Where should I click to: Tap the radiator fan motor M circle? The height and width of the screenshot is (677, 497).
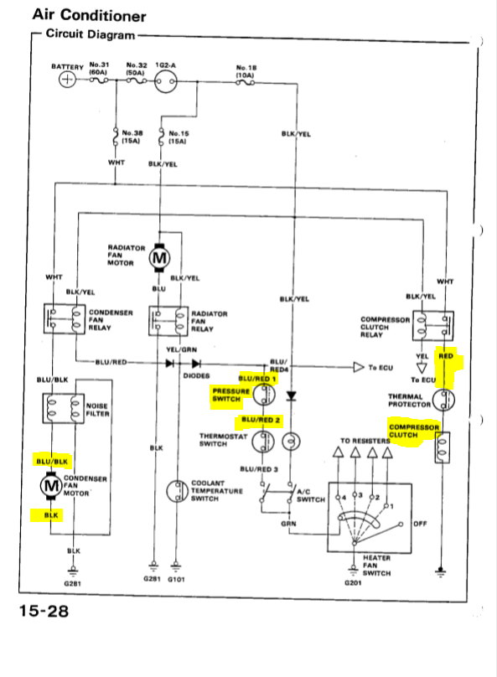[158, 259]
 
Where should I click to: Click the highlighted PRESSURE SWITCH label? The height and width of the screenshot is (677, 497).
[230, 395]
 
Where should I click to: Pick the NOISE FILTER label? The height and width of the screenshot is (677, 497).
[98, 409]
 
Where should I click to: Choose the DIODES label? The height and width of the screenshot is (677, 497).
[198, 376]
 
